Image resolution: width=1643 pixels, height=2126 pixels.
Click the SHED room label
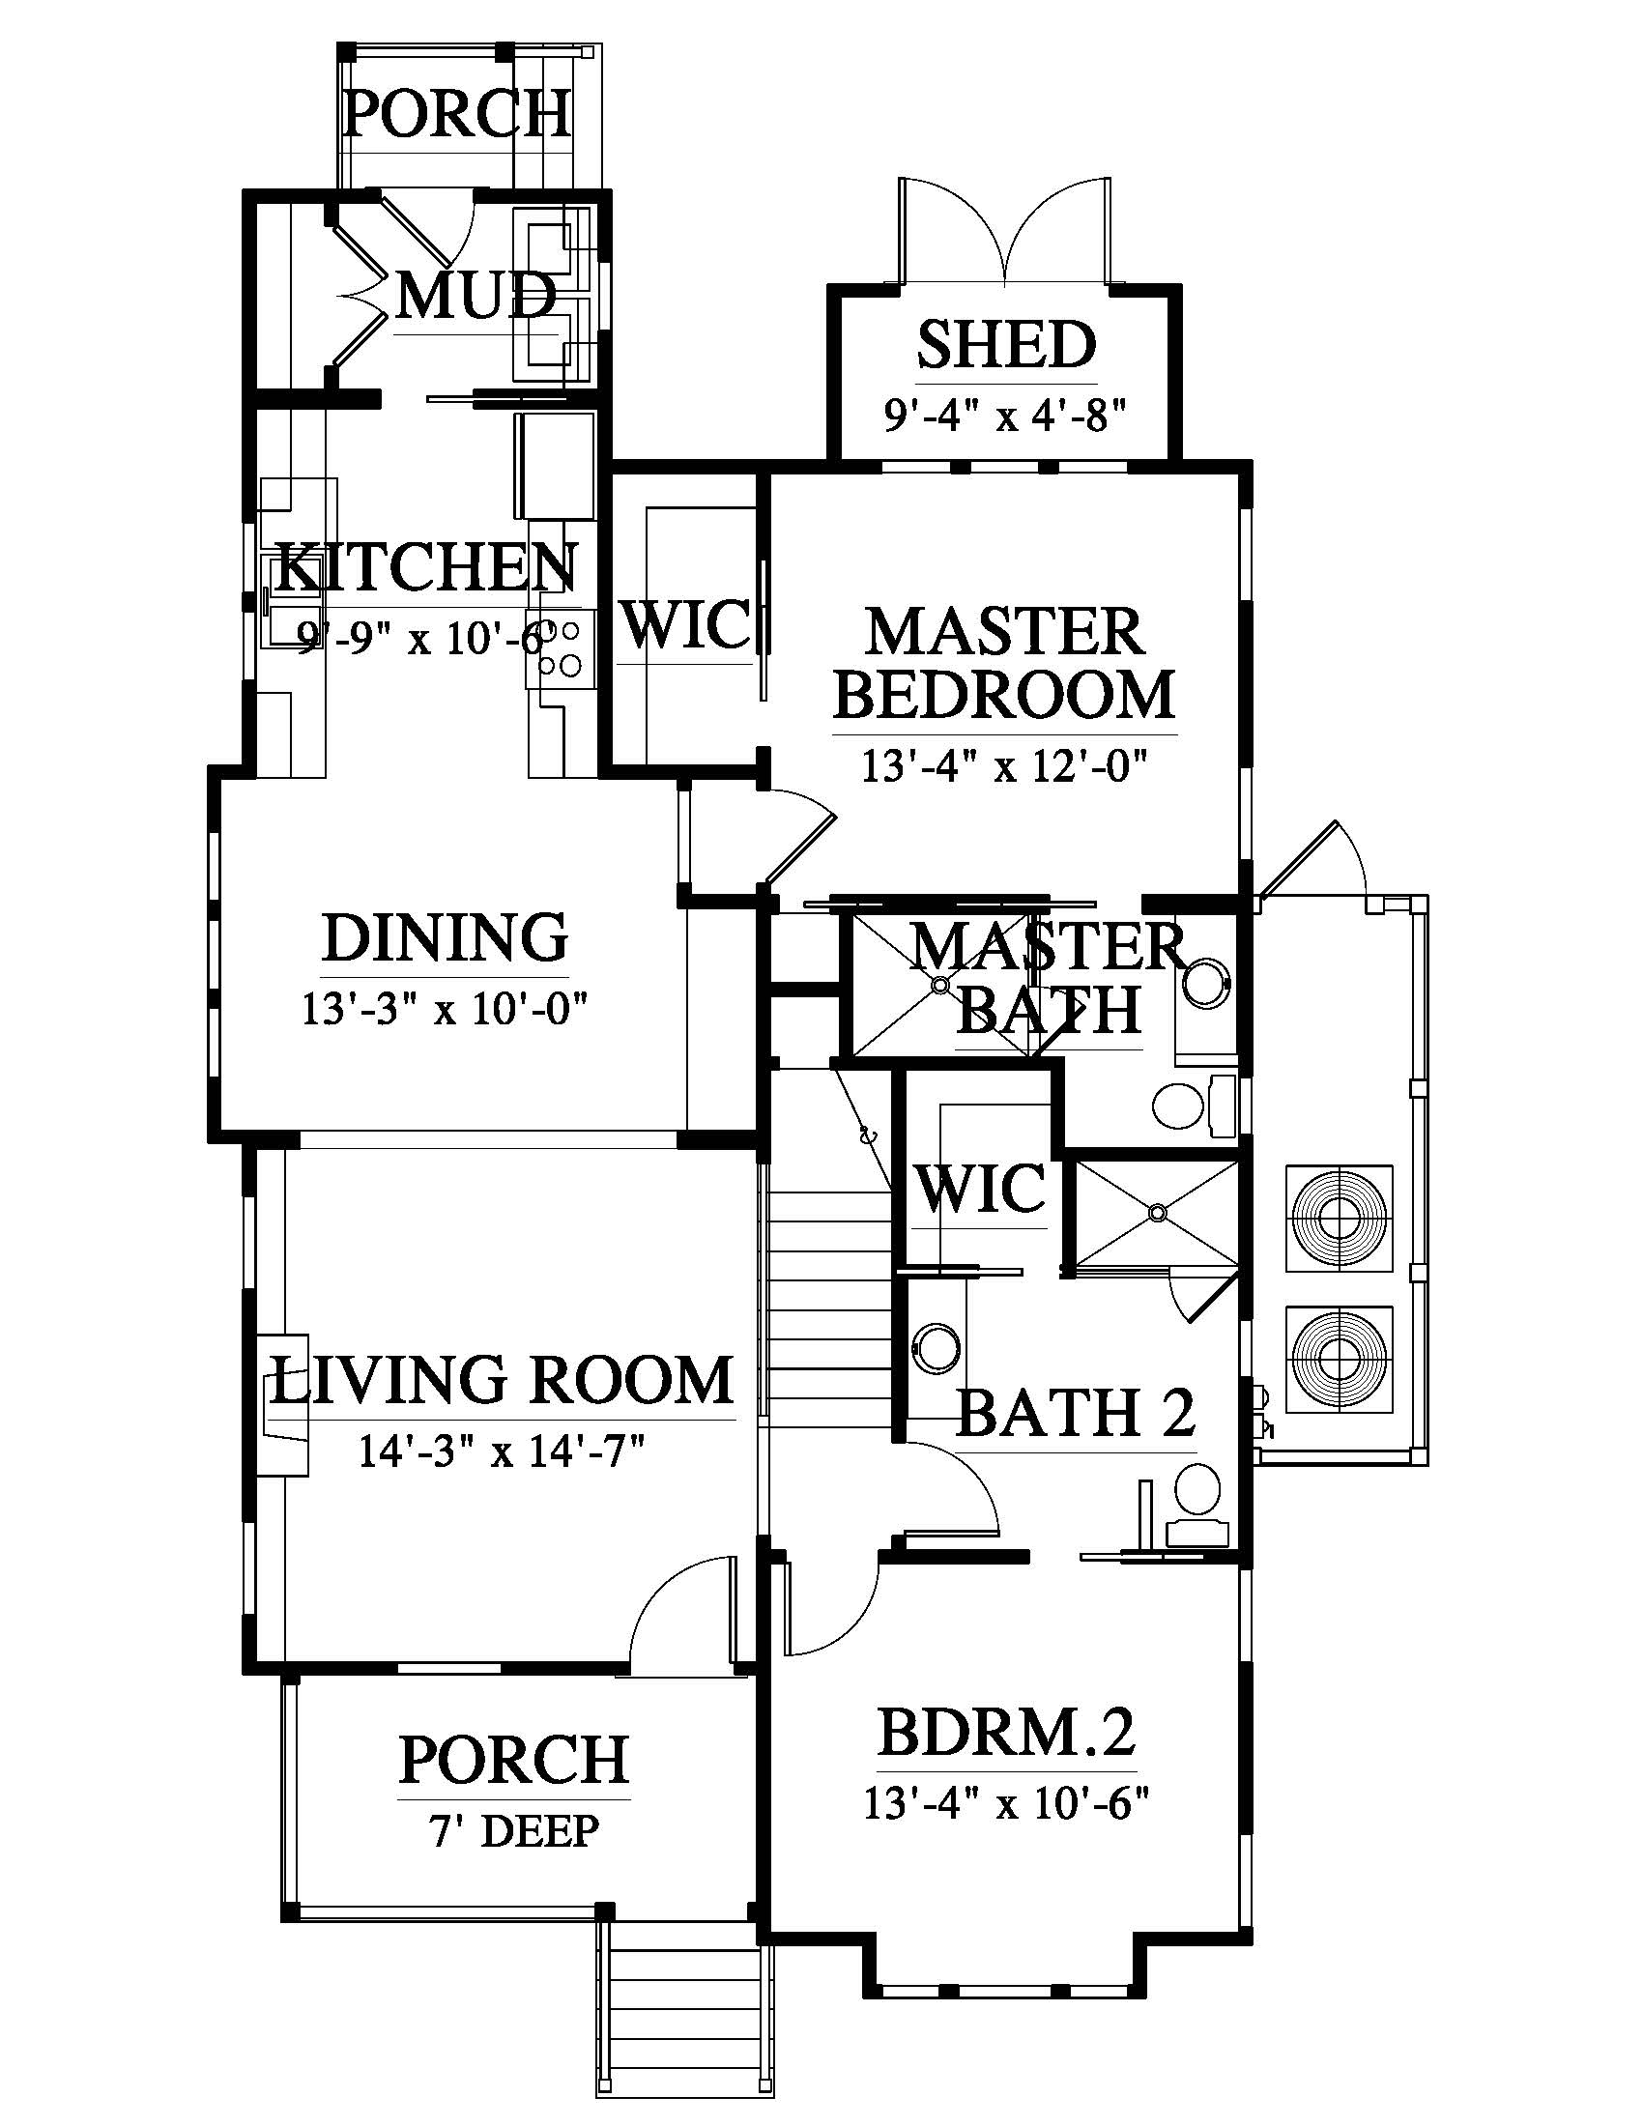coord(1005,345)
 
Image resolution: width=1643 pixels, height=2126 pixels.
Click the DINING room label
coord(445,937)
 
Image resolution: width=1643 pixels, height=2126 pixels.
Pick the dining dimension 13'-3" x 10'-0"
coord(445,1010)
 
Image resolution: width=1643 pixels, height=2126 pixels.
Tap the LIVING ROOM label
coord(502,1380)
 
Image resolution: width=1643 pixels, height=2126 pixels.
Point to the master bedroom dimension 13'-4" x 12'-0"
coord(1004,766)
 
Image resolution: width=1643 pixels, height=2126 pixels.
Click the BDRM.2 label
coord(1006,1733)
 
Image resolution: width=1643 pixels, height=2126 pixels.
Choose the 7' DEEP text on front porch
coord(513,1831)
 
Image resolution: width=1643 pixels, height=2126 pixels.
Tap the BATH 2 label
coord(1076,1413)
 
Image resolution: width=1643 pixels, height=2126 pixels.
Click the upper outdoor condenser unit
coord(1340,1218)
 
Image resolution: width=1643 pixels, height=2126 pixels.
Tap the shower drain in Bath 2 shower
coord(1156,1213)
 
